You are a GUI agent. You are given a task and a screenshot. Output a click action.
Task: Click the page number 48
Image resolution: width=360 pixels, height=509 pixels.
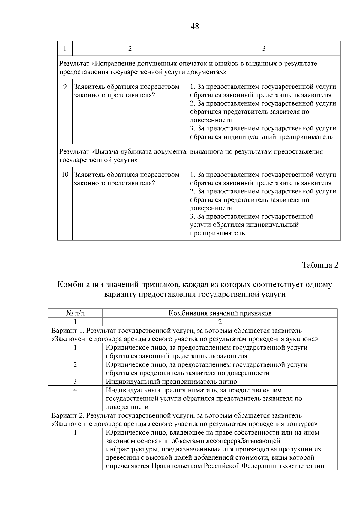click(x=195, y=27)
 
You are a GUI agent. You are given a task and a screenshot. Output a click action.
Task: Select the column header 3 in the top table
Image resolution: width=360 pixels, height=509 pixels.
click(x=264, y=49)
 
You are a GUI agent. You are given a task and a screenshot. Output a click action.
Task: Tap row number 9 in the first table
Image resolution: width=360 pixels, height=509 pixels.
click(x=65, y=87)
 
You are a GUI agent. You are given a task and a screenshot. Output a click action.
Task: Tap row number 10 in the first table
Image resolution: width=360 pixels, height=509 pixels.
click(x=65, y=175)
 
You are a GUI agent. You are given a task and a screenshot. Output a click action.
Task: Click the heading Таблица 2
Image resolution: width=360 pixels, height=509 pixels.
click(x=320, y=265)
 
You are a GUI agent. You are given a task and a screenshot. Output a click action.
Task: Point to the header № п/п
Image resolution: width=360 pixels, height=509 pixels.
click(x=75, y=313)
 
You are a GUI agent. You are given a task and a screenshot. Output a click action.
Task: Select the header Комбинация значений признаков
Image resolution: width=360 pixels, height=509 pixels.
click(x=220, y=313)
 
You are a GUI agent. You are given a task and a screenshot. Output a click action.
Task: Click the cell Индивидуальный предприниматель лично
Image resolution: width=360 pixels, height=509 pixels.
click(x=172, y=382)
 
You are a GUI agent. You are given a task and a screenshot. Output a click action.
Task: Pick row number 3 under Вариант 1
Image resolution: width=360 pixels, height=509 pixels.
click(x=75, y=382)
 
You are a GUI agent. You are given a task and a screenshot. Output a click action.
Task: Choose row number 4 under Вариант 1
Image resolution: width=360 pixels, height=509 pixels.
click(x=75, y=390)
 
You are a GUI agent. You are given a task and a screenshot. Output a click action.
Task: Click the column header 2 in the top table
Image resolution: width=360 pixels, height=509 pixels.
click(x=130, y=49)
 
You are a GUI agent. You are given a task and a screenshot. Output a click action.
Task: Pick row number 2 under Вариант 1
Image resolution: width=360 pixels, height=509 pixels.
click(x=75, y=365)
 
